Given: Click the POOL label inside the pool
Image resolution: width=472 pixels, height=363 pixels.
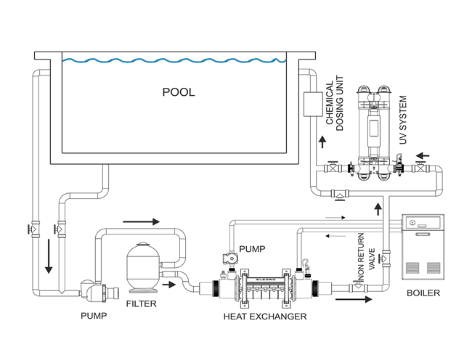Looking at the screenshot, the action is point(179,92).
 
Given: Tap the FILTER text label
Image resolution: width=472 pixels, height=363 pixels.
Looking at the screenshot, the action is point(141,304).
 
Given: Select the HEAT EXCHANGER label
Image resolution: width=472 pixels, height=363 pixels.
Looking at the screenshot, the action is point(265,317).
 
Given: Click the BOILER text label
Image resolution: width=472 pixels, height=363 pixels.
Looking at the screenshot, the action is point(423,293).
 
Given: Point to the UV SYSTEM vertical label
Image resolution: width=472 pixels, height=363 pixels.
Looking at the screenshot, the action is point(403,120).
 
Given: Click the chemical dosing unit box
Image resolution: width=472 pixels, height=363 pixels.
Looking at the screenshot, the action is point(313,104).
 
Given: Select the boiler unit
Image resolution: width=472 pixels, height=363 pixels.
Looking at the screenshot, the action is point(423,247).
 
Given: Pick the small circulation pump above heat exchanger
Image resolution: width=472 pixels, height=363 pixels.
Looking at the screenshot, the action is point(230,258).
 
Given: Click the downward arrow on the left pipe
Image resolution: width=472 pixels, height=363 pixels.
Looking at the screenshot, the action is point(49,256).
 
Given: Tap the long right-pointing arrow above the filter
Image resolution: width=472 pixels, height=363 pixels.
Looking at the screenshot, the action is point(141,222).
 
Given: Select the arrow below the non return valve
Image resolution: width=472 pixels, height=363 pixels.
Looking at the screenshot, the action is point(354,299).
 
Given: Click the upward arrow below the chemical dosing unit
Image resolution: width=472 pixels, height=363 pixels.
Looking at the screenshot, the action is point(322,142).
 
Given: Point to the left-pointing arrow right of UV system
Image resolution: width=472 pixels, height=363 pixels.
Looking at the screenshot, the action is point(423,156).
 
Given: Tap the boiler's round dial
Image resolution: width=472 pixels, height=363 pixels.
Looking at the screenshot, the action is point(412,224).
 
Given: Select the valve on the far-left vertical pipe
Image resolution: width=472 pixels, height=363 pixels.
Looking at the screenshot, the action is point(33,229).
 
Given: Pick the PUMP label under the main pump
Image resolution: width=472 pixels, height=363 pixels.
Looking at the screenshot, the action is point(94,316).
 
